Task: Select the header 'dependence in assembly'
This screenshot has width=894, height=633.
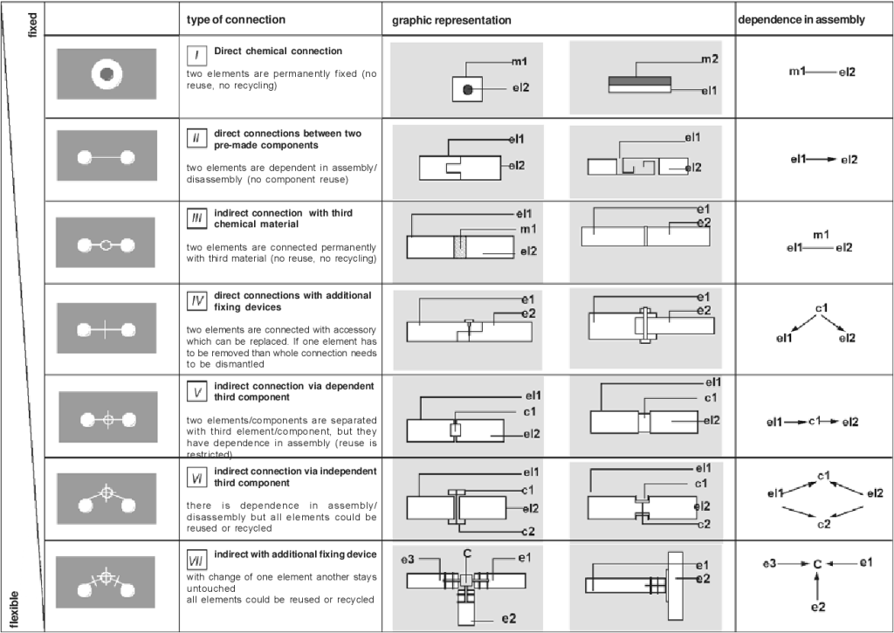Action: [x=802, y=19]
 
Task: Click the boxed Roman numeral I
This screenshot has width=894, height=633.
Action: [x=197, y=54]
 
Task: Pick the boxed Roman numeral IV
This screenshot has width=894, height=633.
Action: [x=197, y=300]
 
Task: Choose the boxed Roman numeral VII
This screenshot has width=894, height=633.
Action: [x=197, y=559]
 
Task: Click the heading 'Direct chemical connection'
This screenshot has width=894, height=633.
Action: [x=278, y=51]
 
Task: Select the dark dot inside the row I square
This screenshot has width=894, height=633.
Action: [x=468, y=89]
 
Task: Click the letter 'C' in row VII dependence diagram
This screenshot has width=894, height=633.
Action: [x=817, y=565]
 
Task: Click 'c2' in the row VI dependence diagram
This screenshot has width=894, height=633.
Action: [x=822, y=525]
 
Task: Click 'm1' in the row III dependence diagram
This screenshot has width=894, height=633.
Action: [x=820, y=235]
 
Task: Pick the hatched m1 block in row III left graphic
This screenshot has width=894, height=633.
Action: [x=460, y=247]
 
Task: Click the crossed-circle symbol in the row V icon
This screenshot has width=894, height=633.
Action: [x=108, y=419]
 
